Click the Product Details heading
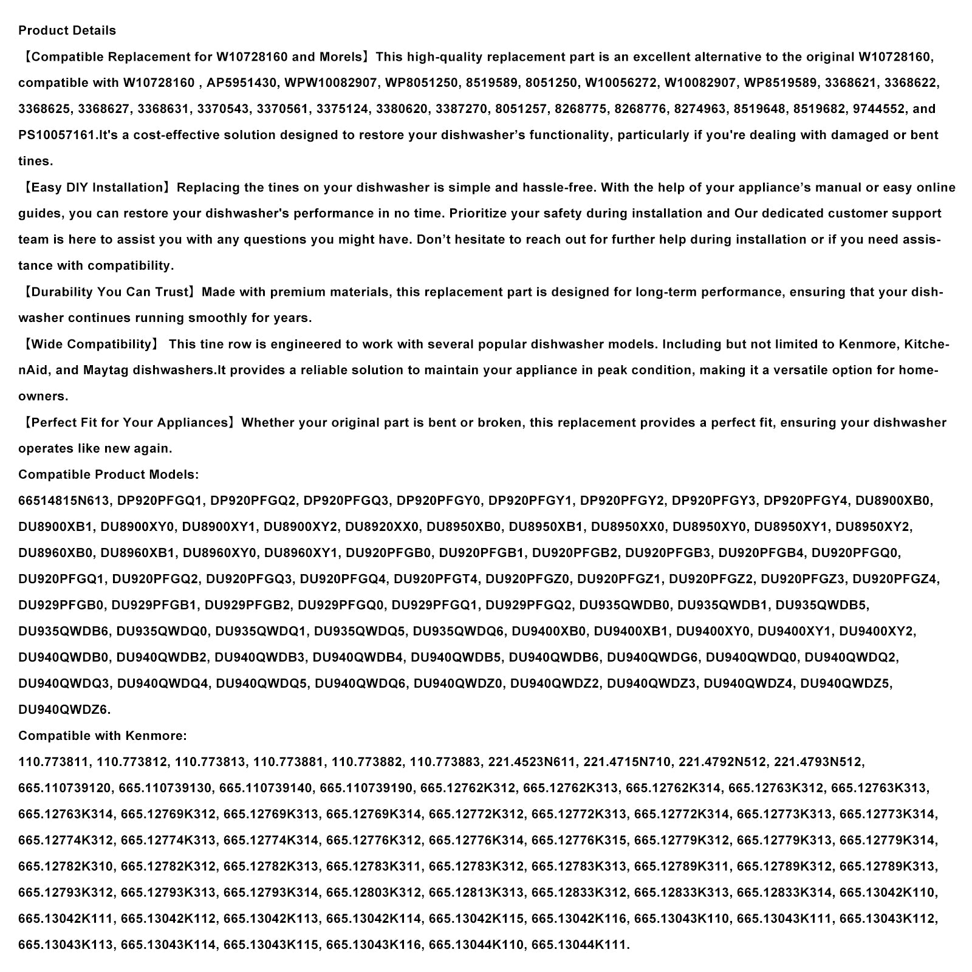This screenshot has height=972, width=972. pos(67,30)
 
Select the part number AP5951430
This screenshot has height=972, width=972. pos(239,83)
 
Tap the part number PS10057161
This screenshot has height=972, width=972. pos(58,135)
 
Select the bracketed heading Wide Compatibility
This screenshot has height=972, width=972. pos(91,344)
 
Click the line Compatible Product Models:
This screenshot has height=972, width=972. pos(108,474)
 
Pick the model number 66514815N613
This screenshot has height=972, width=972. pos(64,501)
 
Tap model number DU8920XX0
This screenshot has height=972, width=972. pos(382,527)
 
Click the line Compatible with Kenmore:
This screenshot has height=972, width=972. pos(103,736)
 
